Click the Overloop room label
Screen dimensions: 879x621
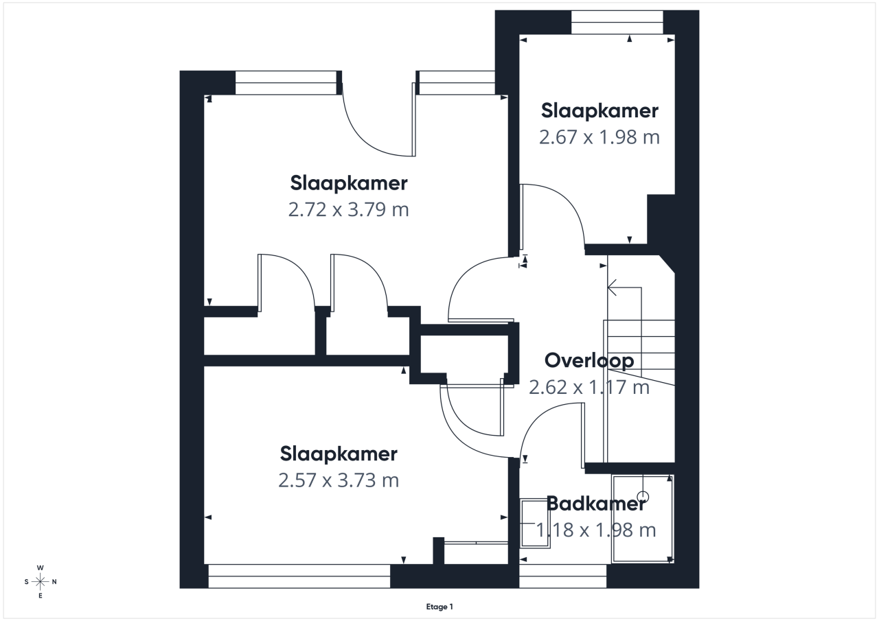coord(589,361)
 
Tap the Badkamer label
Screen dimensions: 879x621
coord(595,504)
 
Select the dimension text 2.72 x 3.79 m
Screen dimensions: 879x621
coord(348,209)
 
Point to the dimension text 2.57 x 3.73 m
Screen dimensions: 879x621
coord(339,480)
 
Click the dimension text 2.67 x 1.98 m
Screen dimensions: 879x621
coord(600,137)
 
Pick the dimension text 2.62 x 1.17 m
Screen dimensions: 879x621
coord(589,387)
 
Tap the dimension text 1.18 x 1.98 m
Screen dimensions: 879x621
coord(595,530)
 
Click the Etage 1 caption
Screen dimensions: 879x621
coord(439,607)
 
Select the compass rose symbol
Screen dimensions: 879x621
coord(40,582)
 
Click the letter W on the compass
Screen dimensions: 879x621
coord(40,567)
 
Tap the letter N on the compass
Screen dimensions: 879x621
coord(54,582)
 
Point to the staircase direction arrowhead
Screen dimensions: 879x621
coord(611,288)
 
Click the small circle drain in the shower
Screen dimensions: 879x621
coord(643,497)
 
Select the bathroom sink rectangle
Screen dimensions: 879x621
coord(534,524)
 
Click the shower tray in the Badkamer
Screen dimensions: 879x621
coord(643,519)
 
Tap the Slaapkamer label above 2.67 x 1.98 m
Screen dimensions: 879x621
coord(600,110)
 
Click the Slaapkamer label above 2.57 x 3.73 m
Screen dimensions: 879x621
coord(339,454)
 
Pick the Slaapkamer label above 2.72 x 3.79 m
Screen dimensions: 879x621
coord(348,183)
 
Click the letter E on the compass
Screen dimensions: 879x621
coord(40,596)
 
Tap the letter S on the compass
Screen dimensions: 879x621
coord(26,582)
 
